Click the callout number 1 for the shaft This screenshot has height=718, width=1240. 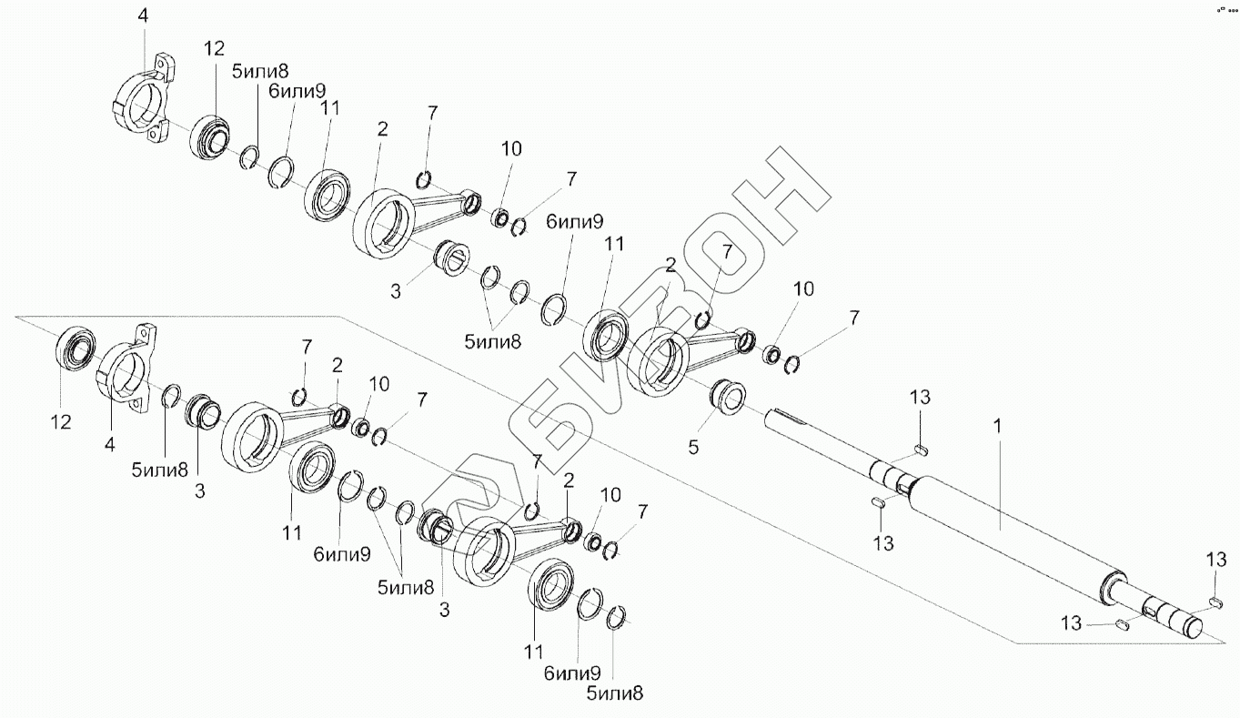pyautogui.click(x=997, y=426)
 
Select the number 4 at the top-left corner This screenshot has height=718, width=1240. pyautogui.click(x=143, y=15)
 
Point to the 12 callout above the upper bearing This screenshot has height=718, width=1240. pyautogui.click(x=214, y=49)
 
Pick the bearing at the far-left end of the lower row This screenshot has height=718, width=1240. pyautogui.click(x=76, y=349)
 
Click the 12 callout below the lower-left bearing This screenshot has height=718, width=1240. pyautogui.click(x=61, y=422)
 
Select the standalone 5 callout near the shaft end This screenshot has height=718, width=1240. pyautogui.click(x=693, y=447)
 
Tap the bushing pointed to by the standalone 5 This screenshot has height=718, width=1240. pyautogui.click(x=727, y=395)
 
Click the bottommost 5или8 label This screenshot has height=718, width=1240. pyautogui.click(x=615, y=693)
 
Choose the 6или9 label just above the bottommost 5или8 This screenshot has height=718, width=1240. pyautogui.click(x=572, y=673)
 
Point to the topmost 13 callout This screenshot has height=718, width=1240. pyautogui.click(x=920, y=397)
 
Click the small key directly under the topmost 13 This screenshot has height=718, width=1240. pyautogui.click(x=921, y=450)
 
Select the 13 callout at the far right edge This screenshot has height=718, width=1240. pyautogui.click(x=1216, y=560)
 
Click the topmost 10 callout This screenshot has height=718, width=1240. pyautogui.click(x=511, y=148)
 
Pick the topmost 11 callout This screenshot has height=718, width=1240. pyautogui.click(x=330, y=108)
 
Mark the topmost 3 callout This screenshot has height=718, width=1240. pyautogui.click(x=395, y=292)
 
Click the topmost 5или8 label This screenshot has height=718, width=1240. pyautogui.click(x=260, y=71)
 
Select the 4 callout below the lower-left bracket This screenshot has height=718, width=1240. pyautogui.click(x=109, y=444)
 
